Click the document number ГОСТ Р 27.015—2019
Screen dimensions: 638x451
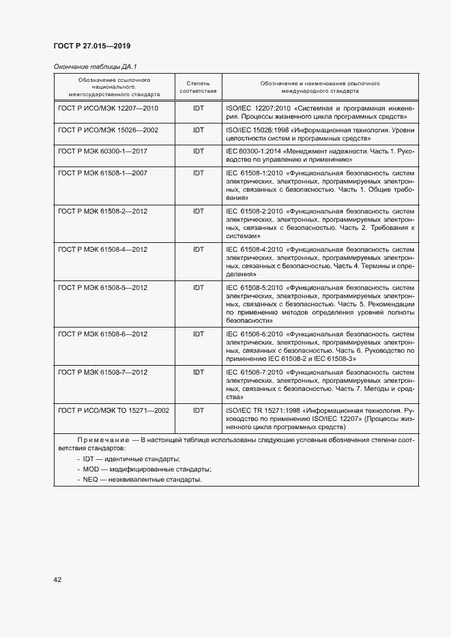tap(91, 46)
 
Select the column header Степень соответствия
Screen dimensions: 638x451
tap(198, 87)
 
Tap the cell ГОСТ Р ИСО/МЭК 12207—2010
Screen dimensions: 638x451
tap(108, 108)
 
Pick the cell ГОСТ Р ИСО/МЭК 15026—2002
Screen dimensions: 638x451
tap(108, 130)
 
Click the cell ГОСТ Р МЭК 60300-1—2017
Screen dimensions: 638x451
tap(103, 151)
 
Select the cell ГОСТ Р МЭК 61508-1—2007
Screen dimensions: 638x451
tap(103, 173)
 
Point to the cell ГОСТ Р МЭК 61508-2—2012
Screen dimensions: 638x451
tap(103, 212)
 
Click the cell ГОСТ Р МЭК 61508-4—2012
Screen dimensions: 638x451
tap(103, 250)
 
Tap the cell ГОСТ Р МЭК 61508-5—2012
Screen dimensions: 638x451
tap(103, 288)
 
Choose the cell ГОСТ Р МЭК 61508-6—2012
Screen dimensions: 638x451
tap(103, 334)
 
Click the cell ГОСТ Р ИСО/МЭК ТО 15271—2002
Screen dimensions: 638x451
tap(114, 411)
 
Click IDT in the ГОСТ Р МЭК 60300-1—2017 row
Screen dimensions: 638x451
tap(198, 151)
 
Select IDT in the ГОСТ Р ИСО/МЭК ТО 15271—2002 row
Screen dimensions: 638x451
tap(198, 411)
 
